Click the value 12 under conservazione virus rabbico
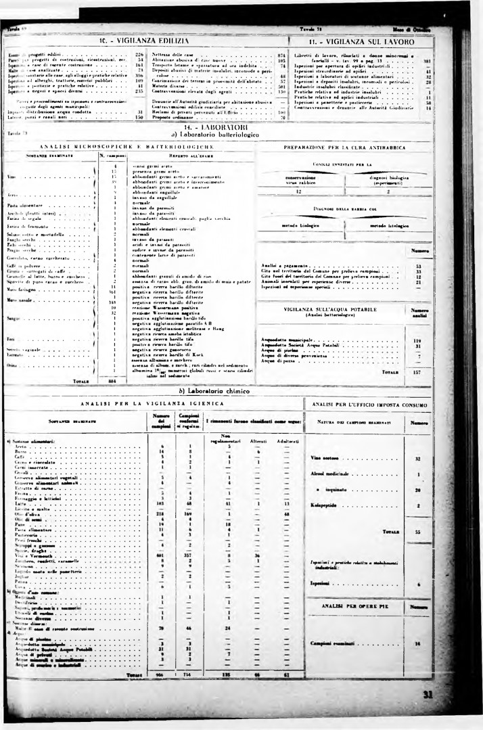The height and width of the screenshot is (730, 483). tap(298, 191)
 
